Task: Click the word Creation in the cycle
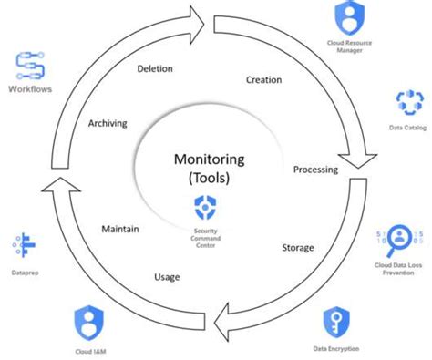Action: point(263,79)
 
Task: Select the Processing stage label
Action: point(316,170)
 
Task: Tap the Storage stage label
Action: point(297,247)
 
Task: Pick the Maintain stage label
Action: point(119,229)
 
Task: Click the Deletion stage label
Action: point(155,68)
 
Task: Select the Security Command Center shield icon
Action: point(205,207)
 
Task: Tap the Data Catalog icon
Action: point(406,102)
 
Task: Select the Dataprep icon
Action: point(23,245)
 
